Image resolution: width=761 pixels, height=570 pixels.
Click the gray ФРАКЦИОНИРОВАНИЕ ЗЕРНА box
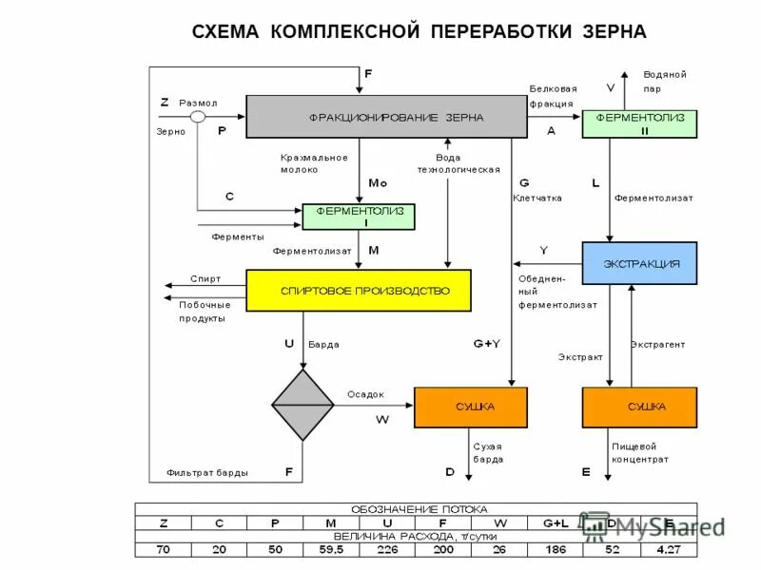(x=386, y=117)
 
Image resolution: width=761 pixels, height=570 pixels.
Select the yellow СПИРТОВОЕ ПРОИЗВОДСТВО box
(x=359, y=290)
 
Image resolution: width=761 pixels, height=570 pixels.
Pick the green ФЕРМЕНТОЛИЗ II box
(x=639, y=123)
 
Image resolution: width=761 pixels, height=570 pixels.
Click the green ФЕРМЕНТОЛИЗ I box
(x=359, y=216)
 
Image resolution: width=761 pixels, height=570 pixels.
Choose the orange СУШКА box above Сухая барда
(x=470, y=407)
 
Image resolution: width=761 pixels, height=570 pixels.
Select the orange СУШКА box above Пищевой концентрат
(x=639, y=407)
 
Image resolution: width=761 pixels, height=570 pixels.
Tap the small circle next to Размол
(x=198, y=117)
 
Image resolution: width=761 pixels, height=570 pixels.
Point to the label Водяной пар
(x=664, y=81)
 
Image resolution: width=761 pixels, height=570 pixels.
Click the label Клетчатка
(x=537, y=199)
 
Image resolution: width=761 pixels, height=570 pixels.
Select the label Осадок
(x=365, y=393)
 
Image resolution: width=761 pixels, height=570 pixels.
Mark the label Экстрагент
(x=657, y=344)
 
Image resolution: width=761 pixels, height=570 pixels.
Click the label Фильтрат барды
(x=207, y=471)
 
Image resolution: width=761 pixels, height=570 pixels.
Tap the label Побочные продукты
(x=205, y=312)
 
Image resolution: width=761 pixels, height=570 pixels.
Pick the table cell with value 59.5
(x=331, y=549)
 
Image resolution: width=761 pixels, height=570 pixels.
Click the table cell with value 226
(x=386, y=549)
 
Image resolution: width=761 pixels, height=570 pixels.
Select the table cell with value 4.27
(x=669, y=549)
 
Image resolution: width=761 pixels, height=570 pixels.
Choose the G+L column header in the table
(x=556, y=522)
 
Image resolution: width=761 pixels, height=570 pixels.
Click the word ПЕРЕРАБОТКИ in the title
(x=497, y=32)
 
